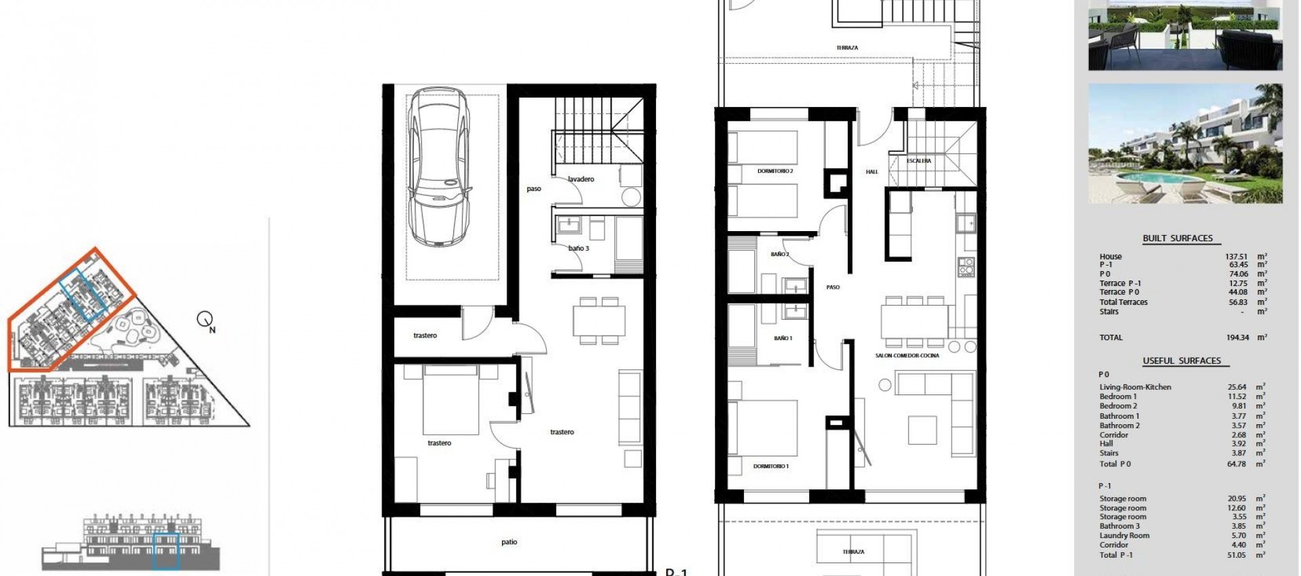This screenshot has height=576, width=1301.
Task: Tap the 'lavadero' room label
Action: [x=581, y=180]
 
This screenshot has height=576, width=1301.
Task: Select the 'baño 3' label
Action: [x=579, y=249]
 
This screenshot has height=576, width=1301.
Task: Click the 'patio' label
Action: [x=510, y=542]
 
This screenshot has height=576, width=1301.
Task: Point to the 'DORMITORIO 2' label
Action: [x=775, y=171]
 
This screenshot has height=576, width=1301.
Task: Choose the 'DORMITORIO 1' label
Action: [x=771, y=466]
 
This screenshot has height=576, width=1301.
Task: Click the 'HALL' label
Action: [x=872, y=172]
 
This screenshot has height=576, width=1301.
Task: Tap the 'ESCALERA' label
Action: [x=919, y=161]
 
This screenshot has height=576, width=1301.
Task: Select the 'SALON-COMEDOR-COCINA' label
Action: [x=907, y=356]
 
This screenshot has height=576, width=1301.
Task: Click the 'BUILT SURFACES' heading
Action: [x=1178, y=239]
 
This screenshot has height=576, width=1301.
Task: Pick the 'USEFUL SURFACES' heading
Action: [x=1181, y=361]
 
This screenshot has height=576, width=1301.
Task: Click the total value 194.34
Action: [x=1237, y=337]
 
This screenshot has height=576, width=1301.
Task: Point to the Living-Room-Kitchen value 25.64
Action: [x=1237, y=387]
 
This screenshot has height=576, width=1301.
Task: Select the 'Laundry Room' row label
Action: [x=1124, y=535]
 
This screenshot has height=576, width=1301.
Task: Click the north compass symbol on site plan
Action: [x=205, y=319]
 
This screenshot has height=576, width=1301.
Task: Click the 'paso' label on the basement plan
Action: [x=534, y=189]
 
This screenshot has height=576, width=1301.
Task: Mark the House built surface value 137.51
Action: [x=1237, y=257]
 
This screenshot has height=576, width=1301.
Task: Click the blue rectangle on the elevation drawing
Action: [x=166, y=551]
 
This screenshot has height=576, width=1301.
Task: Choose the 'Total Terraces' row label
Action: [x=1123, y=302]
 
